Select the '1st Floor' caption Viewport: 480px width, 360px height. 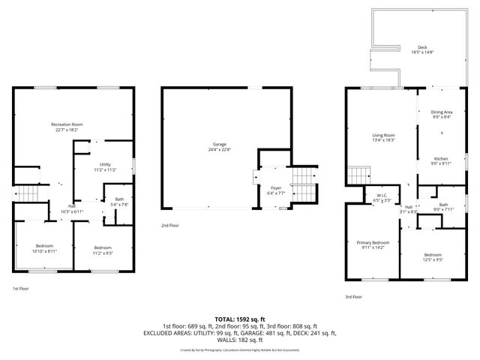(20, 289)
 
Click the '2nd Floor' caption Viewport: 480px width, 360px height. (170, 225)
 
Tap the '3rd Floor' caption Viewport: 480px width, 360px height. (354, 297)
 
